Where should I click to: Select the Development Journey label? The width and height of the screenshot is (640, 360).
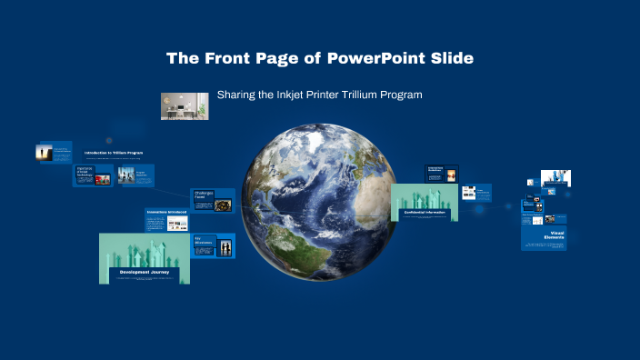pyautogui.click(x=144, y=272)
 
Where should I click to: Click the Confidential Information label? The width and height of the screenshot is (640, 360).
pyautogui.click(x=425, y=212)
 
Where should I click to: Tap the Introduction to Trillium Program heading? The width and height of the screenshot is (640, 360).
pyautogui.click(x=114, y=153)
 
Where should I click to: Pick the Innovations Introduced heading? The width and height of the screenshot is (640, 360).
pyautogui.click(x=166, y=212)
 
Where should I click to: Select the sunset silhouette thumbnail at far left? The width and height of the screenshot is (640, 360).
pyautogui.click(x=43, y=153)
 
